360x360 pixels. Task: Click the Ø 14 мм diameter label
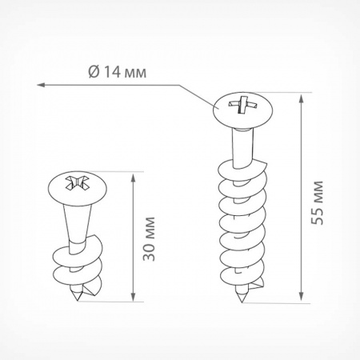click(118, 72)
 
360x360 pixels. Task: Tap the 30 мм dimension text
click(149, 239)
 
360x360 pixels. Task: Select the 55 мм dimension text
click(318, 202)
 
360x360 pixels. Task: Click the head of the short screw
click(78, 188)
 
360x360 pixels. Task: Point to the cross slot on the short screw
click(77, 183)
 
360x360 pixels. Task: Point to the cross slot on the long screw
click(243, 104)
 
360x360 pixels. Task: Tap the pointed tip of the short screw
click(78, 300)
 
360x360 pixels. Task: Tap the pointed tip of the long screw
click(242, 301)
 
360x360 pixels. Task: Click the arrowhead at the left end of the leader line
click(41, 85)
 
